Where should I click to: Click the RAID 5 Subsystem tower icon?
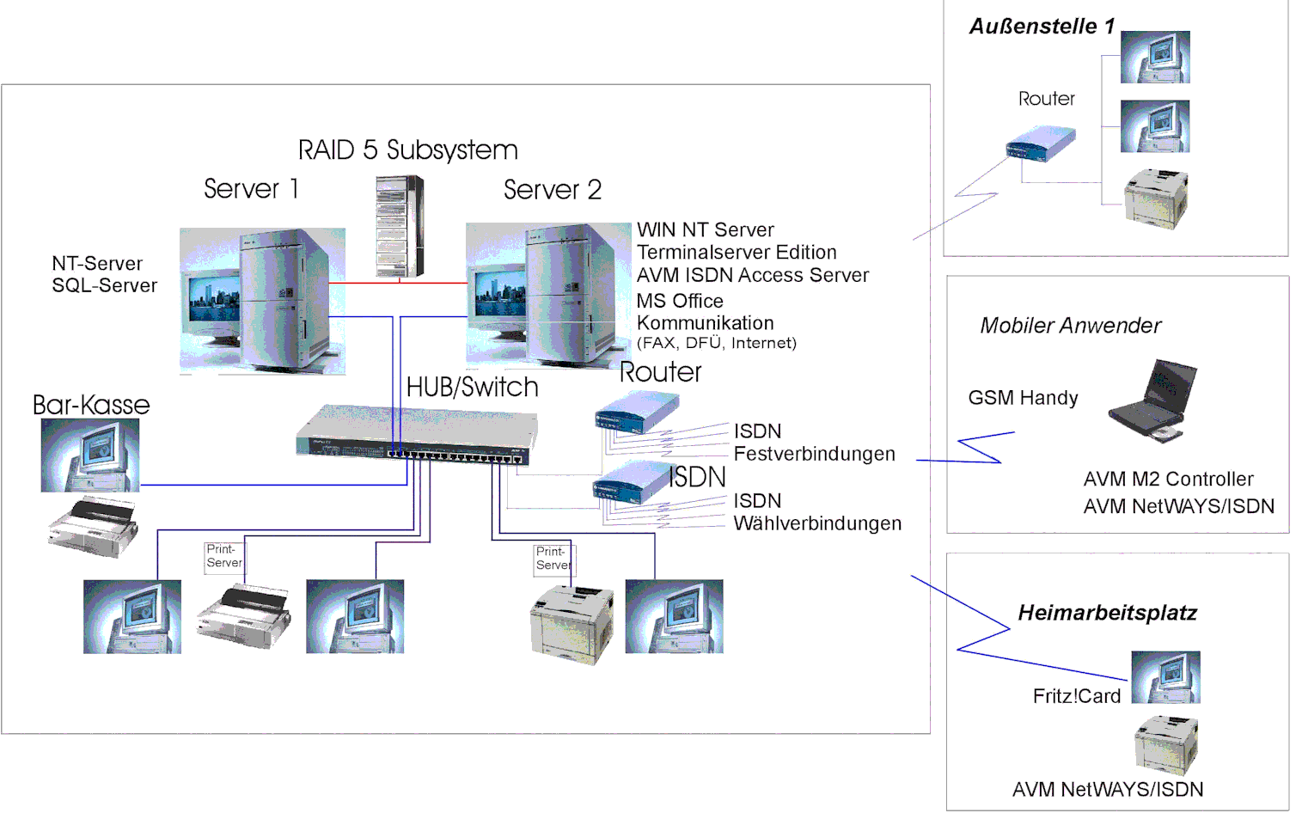point(400,226)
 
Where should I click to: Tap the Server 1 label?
point(251,189)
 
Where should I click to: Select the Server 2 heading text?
point(552,190)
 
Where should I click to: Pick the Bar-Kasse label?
point(91,405)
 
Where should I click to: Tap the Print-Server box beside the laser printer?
point(553,559)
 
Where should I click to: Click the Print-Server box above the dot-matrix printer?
point(224,556)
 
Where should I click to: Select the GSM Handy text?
point(1023,398)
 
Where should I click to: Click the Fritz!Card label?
point(1076,696)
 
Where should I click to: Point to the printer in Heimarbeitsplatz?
point(1165,745)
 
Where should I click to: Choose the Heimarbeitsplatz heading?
point(1107,613)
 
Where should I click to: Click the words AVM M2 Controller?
point(1168,480)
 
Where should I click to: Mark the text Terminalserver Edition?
point(737,253)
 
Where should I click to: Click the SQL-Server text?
point(105,286)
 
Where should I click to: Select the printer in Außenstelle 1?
point(1156,199)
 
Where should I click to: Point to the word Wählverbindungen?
point(817,523)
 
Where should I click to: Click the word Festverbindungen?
point(814,454)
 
